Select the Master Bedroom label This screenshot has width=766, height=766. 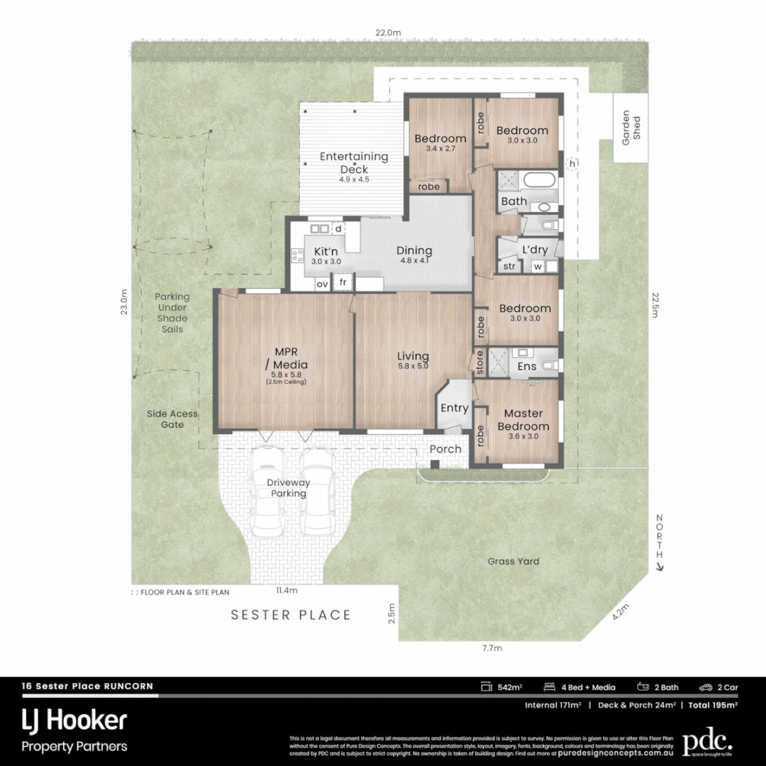523,420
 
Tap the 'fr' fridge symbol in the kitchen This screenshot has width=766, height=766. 343,282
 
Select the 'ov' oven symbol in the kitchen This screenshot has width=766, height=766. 322,284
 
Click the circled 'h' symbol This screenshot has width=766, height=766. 572,164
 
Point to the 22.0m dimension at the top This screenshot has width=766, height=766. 388,33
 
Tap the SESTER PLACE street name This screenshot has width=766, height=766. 291,615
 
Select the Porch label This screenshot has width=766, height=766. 445,449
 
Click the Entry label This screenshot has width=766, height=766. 454,409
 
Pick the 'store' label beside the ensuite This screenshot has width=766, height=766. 479,362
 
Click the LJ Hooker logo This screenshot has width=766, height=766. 74,721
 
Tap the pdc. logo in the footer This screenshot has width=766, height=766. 706,742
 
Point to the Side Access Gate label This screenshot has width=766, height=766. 172,419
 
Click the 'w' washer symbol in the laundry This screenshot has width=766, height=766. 538,267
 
